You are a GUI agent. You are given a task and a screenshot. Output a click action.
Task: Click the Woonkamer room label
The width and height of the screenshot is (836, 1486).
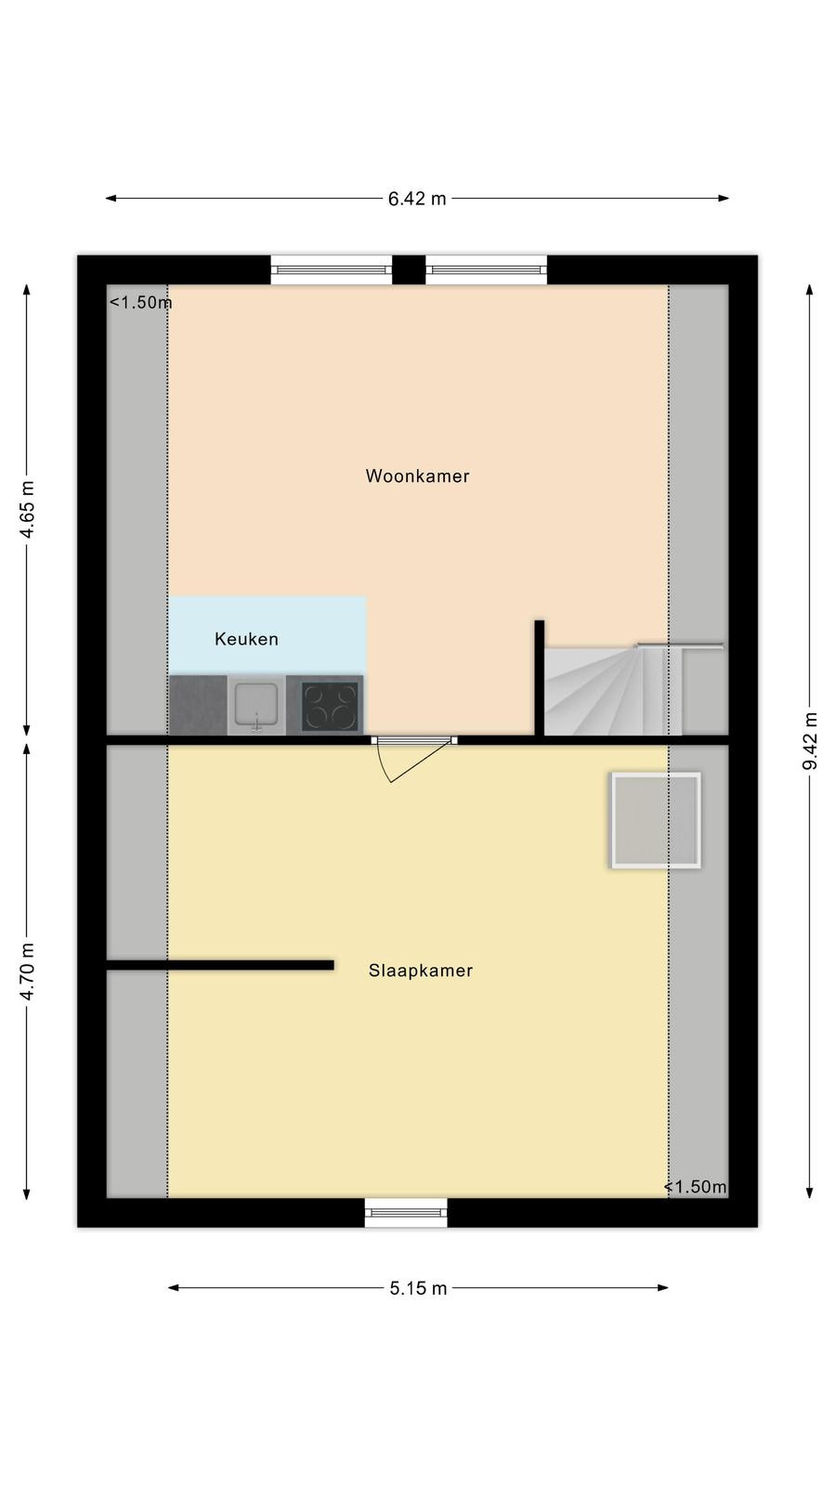[x=417, y=476]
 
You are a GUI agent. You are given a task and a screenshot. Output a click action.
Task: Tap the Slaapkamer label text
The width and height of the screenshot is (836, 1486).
[x=421, y=971]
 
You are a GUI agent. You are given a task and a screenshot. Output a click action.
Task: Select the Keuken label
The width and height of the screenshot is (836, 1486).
[x=246, y=639]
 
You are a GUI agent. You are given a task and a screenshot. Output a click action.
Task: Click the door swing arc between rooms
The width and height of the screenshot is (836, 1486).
[x=382, y=763]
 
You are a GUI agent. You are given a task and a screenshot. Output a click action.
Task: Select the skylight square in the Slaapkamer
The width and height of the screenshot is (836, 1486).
[x=656, y=820]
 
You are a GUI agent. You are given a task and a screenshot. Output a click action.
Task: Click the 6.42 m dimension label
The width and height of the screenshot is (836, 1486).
[x=417, y=199]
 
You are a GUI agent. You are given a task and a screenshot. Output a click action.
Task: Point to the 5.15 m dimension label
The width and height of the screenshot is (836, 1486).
[x=418, y=1288]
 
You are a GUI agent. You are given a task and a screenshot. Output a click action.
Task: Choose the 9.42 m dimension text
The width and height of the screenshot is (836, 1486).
[x=809, y=741]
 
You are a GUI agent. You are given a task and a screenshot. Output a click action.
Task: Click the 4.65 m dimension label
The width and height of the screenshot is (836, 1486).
[x=27, y=510]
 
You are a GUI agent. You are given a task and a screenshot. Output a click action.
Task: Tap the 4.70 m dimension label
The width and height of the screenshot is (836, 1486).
[x=27, y=971]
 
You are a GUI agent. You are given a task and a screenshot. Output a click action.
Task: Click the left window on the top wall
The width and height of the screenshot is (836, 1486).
[x=331, y=270]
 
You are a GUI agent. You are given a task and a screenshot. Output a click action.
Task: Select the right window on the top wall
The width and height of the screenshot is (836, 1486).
[x=487, y=270]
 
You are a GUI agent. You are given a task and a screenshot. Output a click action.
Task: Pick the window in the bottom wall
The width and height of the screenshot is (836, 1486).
[x=406, y=1213]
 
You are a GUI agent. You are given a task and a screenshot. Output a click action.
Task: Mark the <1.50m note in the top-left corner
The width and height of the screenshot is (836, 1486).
[x=140, y=303]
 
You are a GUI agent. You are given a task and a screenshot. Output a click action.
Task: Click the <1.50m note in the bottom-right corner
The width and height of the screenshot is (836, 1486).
[x=696, y=1187]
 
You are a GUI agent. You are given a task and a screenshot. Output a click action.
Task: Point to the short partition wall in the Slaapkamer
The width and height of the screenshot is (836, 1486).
[x=219, y=965]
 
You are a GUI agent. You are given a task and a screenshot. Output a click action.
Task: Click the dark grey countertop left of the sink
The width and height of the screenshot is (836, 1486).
[x=198, y=705]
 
